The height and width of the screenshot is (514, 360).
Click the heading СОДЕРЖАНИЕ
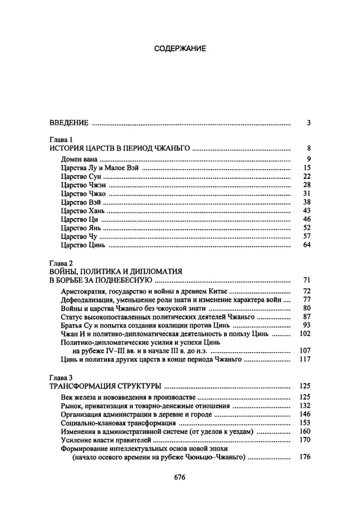[x=180, y=49]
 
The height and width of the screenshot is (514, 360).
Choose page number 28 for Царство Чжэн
[x=307, y=185]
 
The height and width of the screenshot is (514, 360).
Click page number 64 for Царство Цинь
[x=307, y=245]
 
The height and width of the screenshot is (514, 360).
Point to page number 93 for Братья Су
[x=307, y=325]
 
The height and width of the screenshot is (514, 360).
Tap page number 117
[x=304, y=359]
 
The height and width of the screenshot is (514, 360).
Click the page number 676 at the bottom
[x=179, y=476]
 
